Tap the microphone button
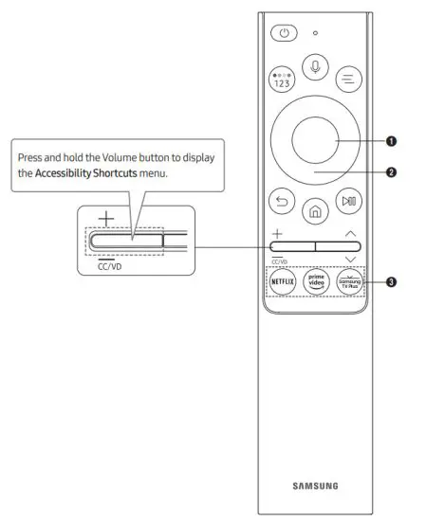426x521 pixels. point(316,67)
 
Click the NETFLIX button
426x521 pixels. point(283,282)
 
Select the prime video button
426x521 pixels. point(316,282)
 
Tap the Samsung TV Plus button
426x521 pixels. point(349,282)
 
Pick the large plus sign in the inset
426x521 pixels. point(103,217)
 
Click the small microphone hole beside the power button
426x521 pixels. point(315,33)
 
